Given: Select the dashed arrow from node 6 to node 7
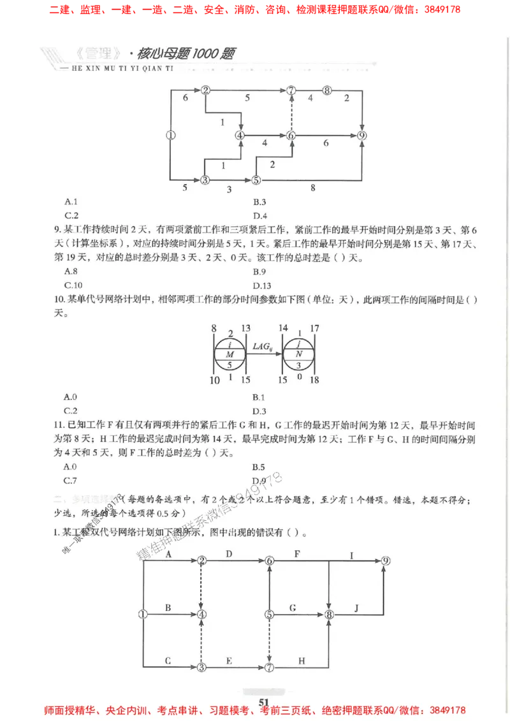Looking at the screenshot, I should [x=291, y=113].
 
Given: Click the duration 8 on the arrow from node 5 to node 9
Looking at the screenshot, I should [x=312, y=188].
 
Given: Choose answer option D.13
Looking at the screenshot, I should [x=262, y=285].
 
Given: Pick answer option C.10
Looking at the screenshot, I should [x=73, y=285].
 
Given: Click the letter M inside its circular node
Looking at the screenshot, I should [x=230, y=354].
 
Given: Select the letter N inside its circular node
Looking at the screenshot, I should [x=300, y=354].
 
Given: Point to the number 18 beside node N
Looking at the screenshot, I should [x=314, y=380].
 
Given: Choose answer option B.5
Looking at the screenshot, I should [x=259, y=467].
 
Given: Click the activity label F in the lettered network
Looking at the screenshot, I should [x=296, y=554].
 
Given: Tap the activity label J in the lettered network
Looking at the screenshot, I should [x=356, y=608].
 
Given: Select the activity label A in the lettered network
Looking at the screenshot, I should [x=168, y=554].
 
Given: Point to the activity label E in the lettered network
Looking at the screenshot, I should [x=229, y=661].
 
